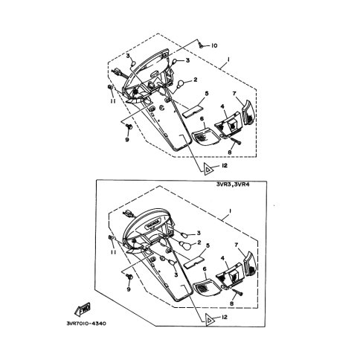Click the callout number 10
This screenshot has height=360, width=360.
pos(214,45)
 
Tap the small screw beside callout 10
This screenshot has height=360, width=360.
pos(202,45)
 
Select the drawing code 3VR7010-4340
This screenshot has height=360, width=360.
pos(86,324)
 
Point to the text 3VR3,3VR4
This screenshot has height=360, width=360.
pos(233,184)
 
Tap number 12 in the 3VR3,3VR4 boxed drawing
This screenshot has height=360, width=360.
pos(224,317)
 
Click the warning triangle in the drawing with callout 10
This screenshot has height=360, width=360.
pos(208,170)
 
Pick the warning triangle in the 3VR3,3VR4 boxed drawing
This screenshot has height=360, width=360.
pos(209,321)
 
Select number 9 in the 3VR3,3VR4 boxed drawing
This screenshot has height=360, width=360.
pos(129,289)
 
